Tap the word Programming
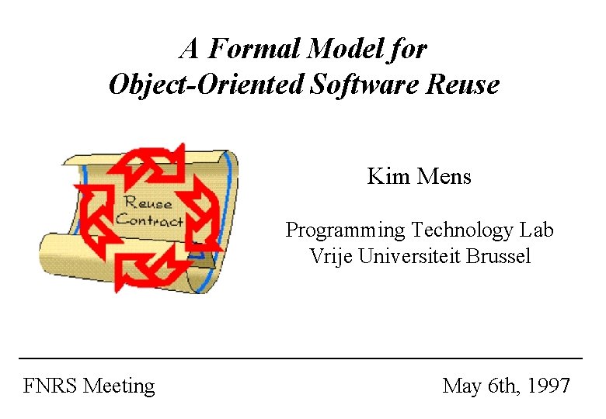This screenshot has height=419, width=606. click(x=345, y=230)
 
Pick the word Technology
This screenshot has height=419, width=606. click(x=462, y=230)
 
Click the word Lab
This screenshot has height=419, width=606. click(x=536, y=230)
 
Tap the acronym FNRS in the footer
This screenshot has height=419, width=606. click(x=50, y=386)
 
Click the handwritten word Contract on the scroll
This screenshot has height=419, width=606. click(x=150, y=220)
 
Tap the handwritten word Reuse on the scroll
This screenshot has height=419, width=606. click(x=148, y=203)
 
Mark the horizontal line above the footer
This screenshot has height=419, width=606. click(x=301, y=358)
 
